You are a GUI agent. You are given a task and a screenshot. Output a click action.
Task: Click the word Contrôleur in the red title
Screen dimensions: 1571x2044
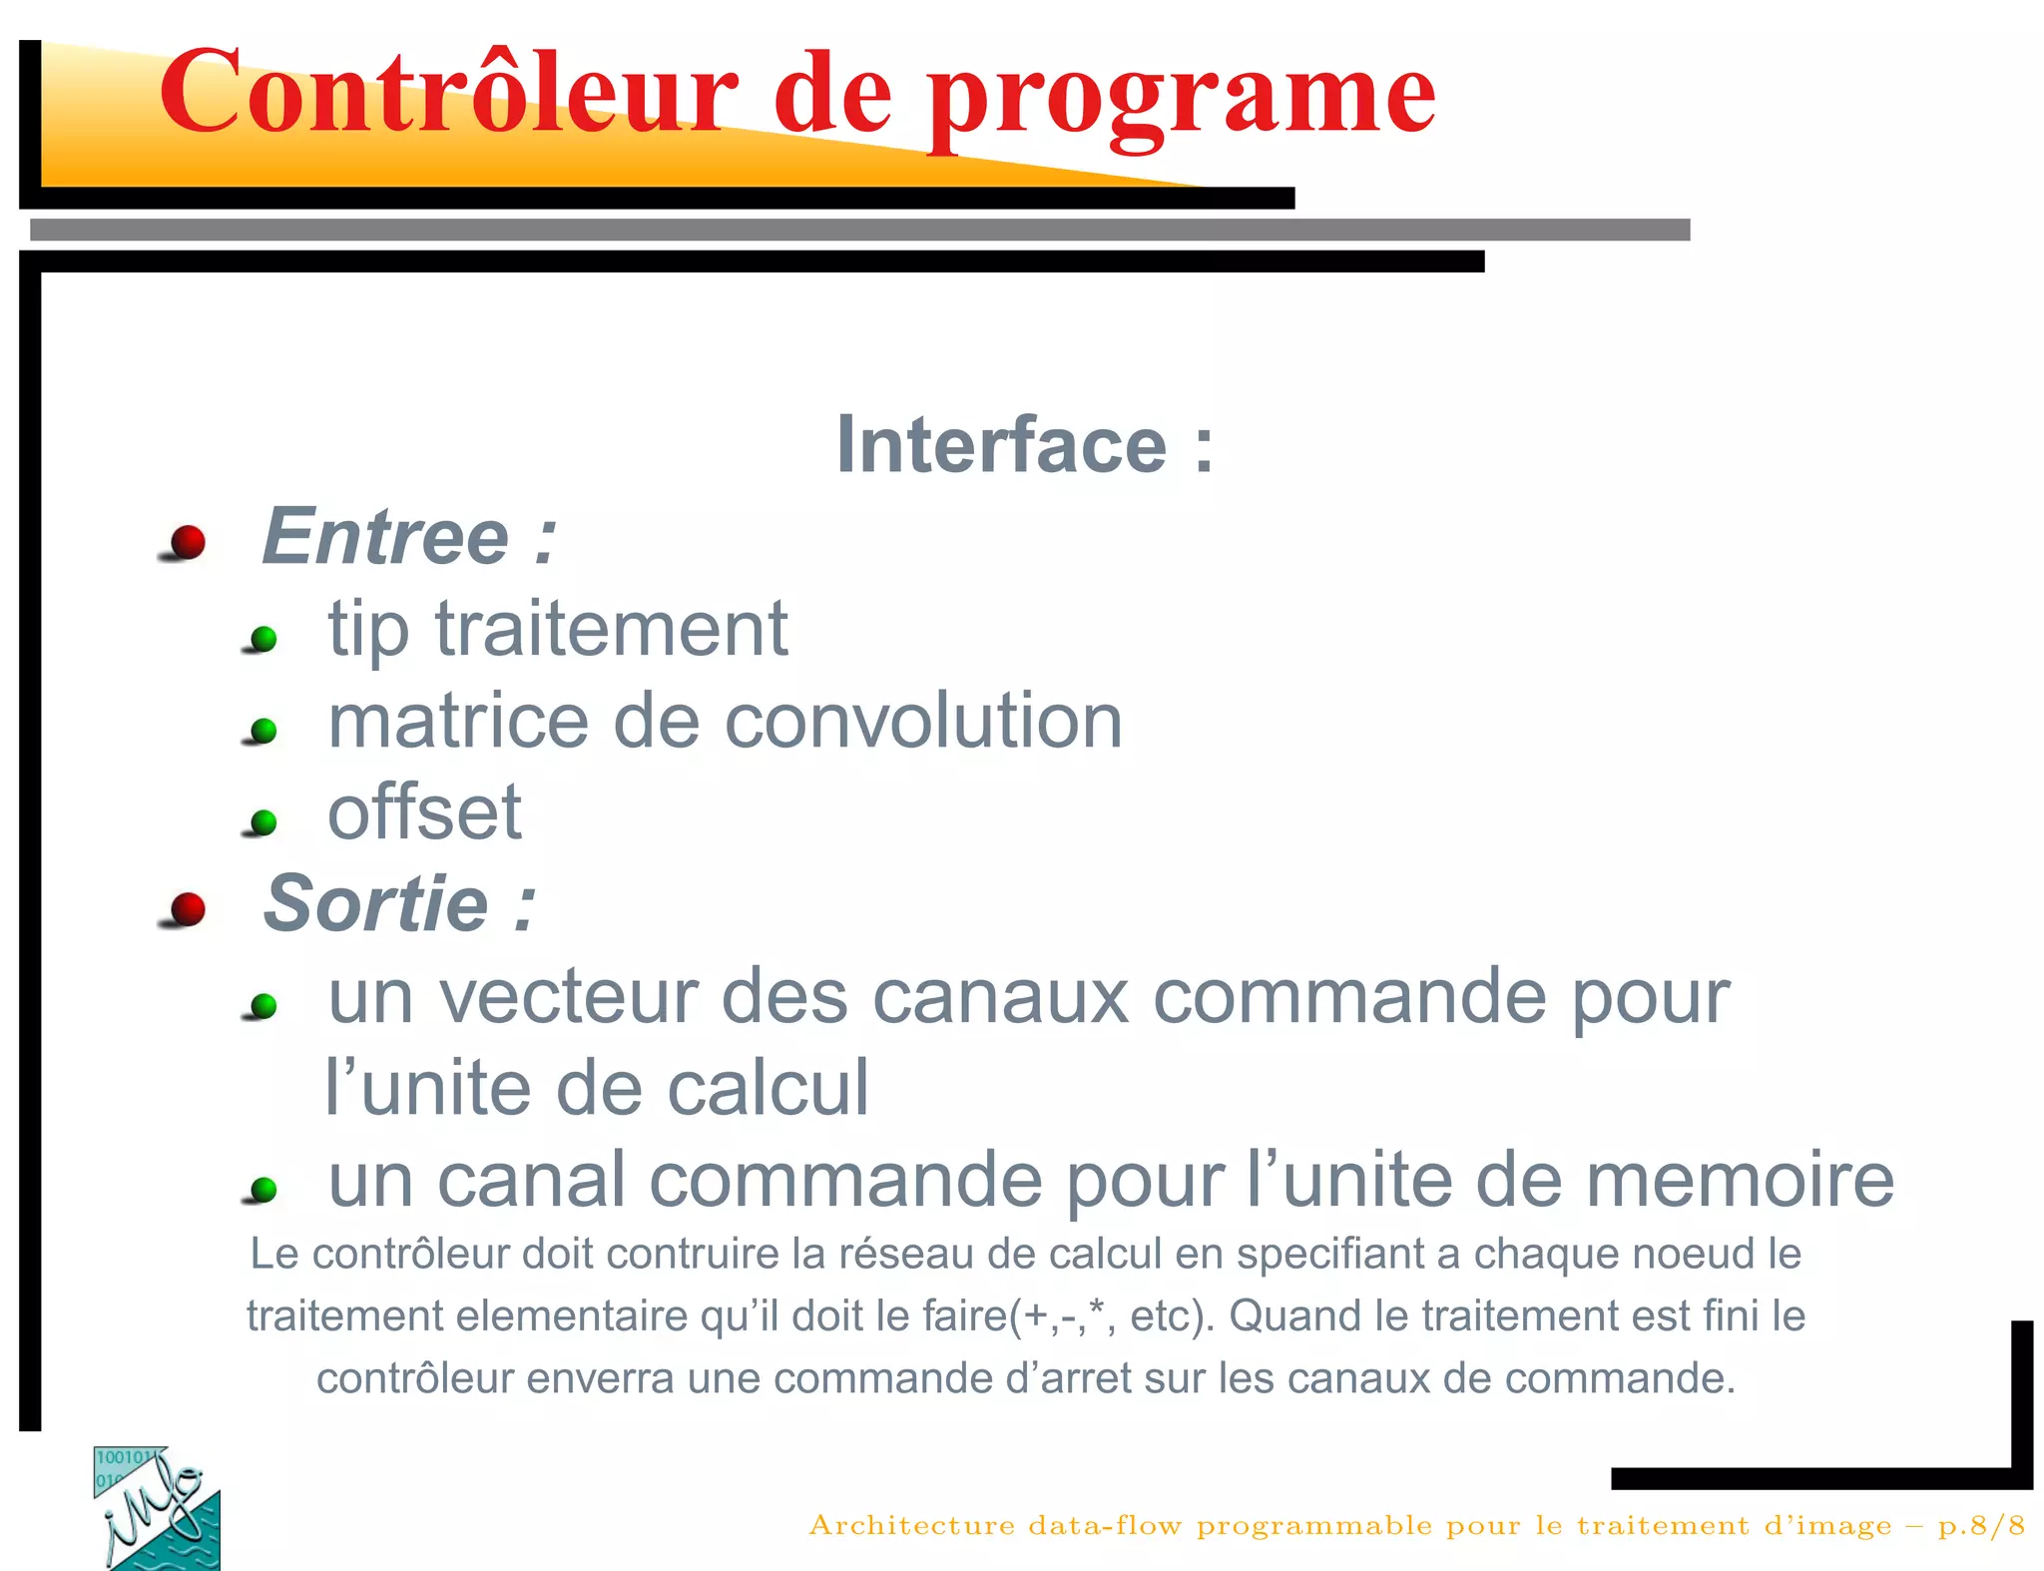tap(447, 92)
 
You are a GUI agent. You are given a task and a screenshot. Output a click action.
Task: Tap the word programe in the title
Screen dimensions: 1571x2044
tap(1182, 98)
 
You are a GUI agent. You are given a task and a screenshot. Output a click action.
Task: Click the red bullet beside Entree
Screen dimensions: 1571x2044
tap(187, 542)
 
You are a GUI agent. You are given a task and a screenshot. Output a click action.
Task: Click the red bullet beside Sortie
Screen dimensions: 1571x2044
tap(187, 909)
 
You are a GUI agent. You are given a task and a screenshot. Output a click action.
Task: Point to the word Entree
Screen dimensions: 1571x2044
tap(385, 537)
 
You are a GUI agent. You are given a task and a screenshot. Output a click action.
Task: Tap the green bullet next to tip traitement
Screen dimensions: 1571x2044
tap(263, 638)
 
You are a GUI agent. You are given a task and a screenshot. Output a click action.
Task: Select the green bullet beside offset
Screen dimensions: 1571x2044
tap(263, 822)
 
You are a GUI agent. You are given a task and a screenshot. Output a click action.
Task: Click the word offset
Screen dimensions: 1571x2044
tap(424, 812)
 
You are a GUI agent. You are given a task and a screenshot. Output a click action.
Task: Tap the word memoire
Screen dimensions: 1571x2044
tap(1739, 1180)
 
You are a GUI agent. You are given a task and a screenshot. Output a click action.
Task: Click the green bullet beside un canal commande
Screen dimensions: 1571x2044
tap(263, 1190)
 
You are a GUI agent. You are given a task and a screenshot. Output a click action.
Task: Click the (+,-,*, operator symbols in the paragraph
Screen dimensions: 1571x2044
tap(1063, 1316)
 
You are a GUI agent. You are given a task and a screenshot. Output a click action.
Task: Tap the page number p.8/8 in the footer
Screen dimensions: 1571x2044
tap(1980, 1525)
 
